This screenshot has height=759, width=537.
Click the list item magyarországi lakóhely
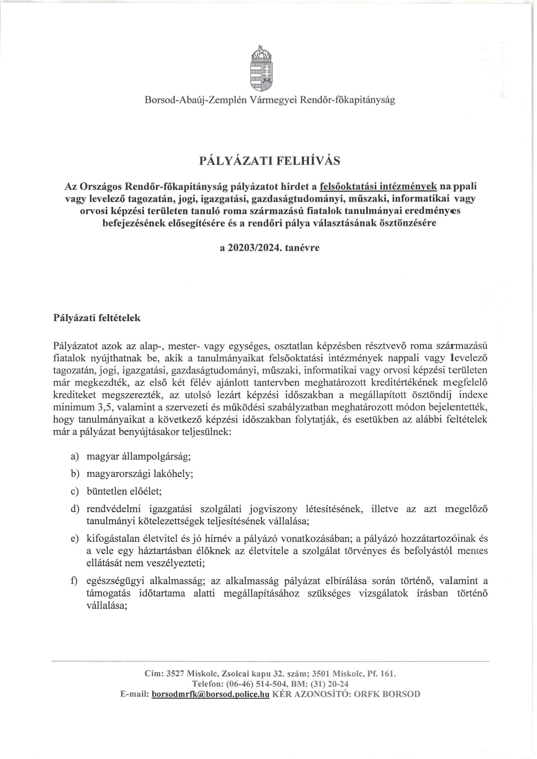[x=140, y=474]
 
